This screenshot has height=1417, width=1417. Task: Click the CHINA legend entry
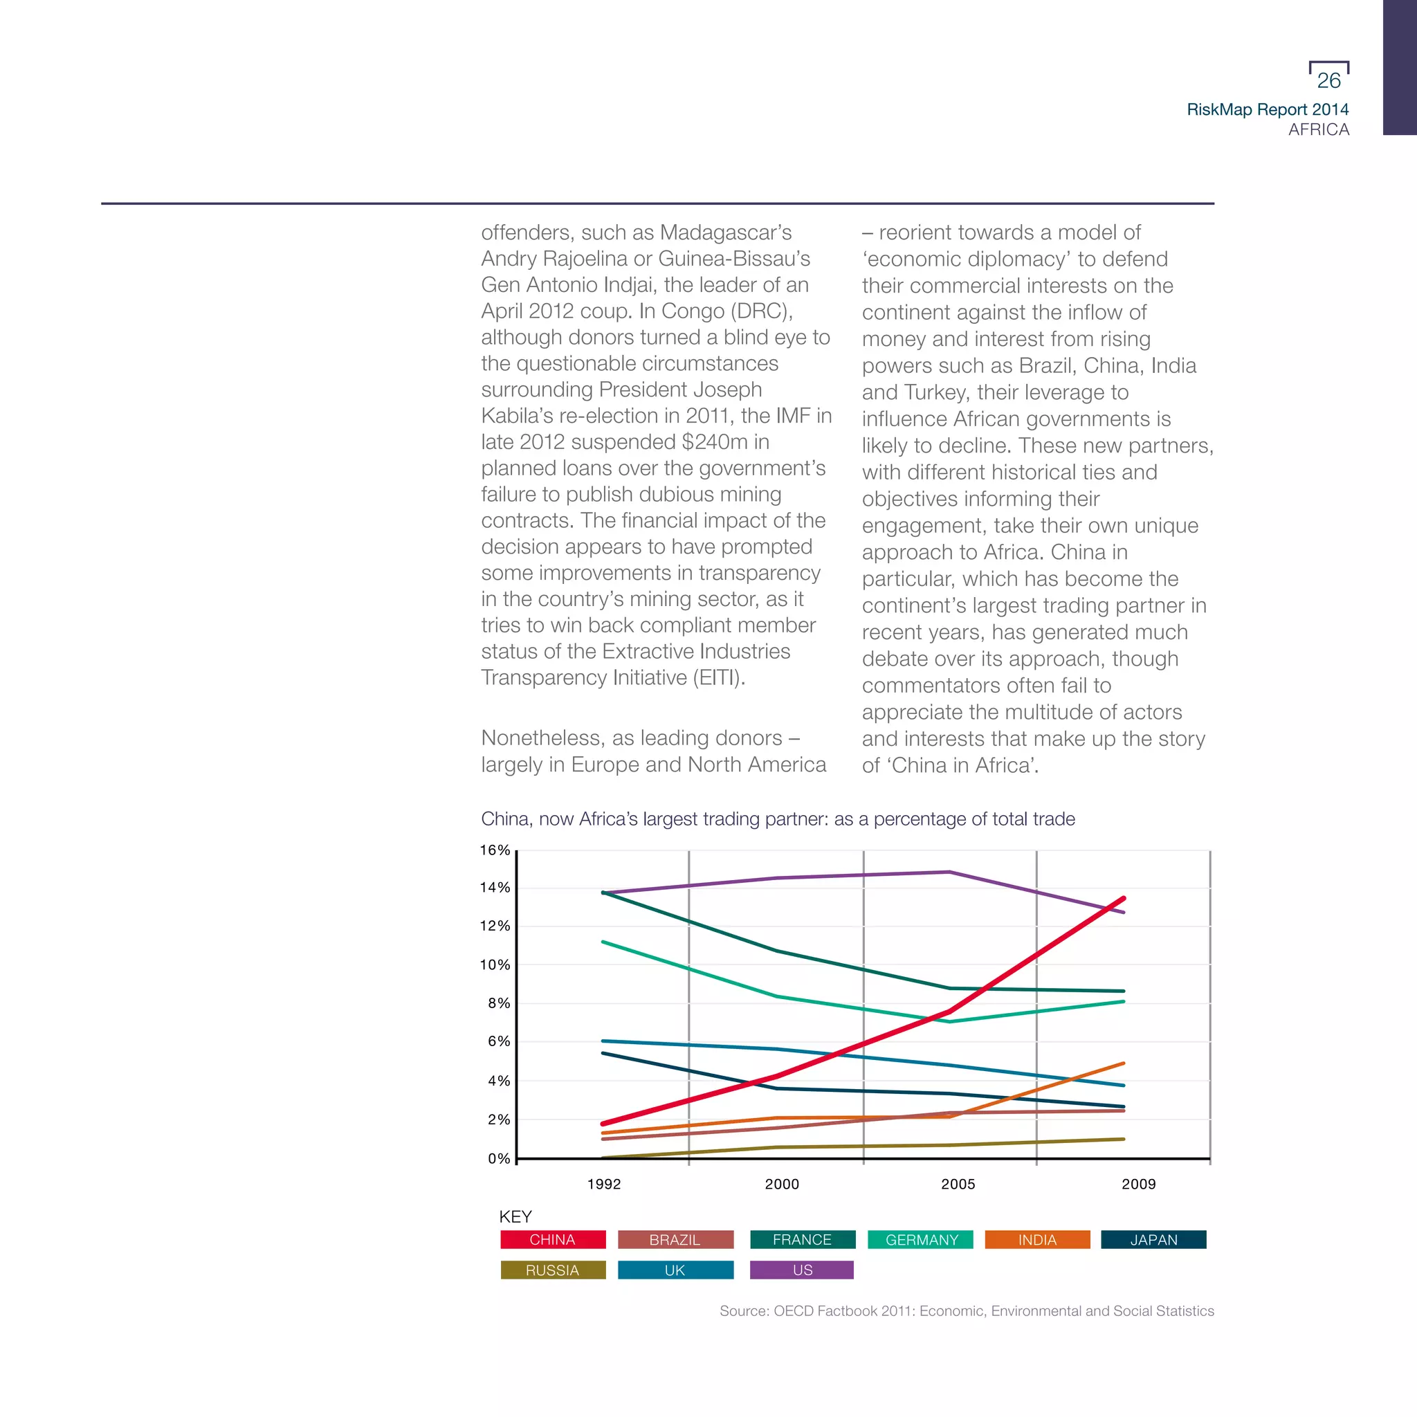tap(553, 1239)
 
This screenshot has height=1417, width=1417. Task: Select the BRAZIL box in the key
tap(675, 1239)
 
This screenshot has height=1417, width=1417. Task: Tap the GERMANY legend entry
tap(921, 1239)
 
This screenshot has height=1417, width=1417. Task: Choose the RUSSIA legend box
tap(553, 1270)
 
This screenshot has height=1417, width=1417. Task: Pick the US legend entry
tap(802, 1270)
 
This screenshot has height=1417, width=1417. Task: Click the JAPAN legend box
tap(1153, 1239)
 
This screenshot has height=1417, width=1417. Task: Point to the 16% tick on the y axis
tap(495, 850)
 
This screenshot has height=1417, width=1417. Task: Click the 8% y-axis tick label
tap(499, 1003)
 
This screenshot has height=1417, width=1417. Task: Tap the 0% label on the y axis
tap(499, 1159)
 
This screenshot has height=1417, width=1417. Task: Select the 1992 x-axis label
tap(603, 1184)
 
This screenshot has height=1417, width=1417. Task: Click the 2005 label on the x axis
tap(958, 1184)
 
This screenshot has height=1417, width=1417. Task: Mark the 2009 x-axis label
tap(1138, 1184)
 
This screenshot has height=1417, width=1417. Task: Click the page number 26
tap(1328, 81)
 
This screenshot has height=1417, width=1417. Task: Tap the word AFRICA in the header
tap(1319, 130)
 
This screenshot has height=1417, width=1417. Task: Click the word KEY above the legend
tap(515, 1217)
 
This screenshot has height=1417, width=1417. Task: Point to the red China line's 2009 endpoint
tap(1124, 899)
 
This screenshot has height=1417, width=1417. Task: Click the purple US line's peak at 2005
tap(950, 872)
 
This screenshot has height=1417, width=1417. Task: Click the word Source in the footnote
tap(743, 1310)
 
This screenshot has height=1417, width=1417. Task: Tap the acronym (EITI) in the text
tap(719, 677)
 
